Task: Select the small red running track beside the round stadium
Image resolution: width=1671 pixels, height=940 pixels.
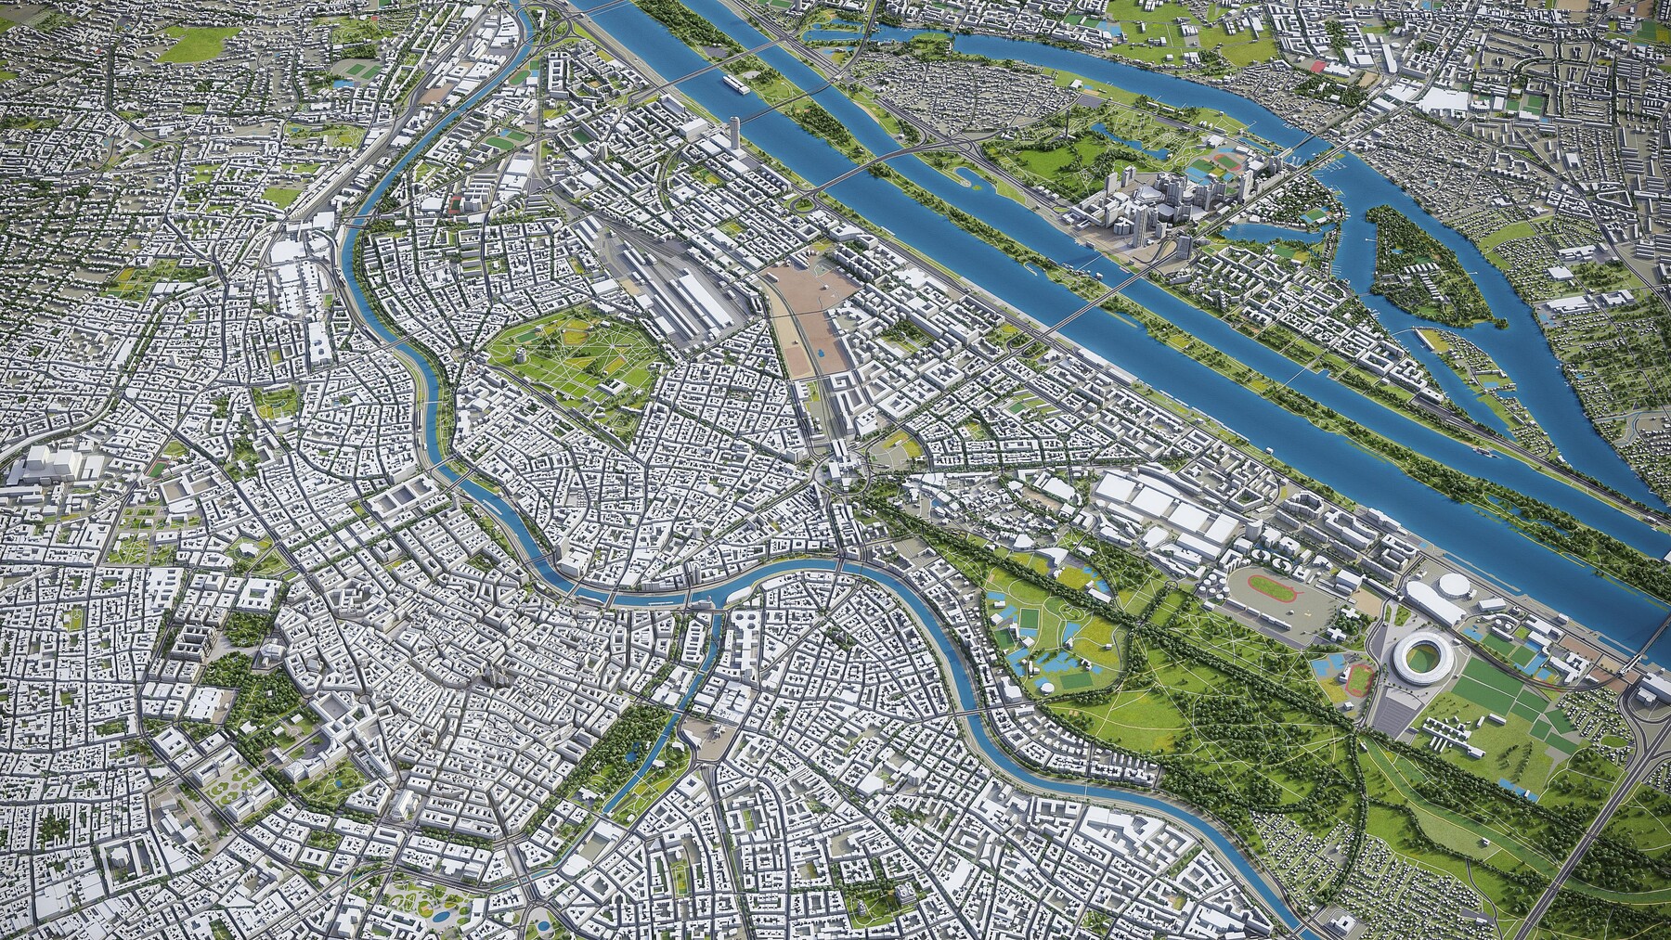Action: tap(1357, 680)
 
